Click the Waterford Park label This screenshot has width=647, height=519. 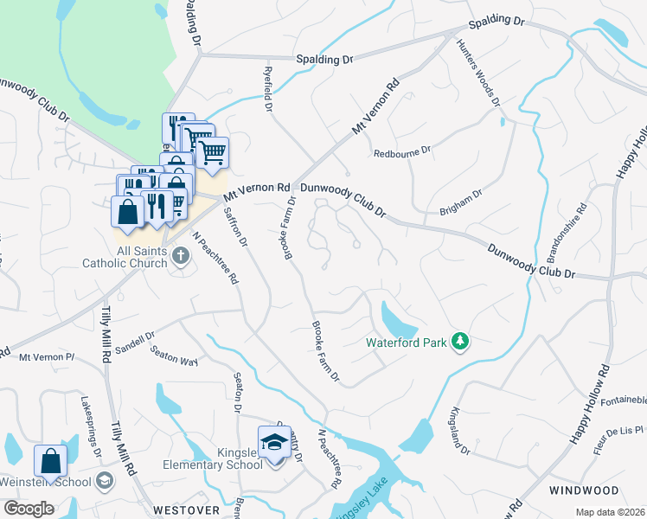(406, 343)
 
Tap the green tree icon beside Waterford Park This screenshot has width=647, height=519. (461, 343)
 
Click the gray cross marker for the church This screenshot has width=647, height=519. (181, 255)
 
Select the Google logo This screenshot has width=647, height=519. (29, 509)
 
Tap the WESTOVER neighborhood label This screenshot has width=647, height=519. (187, 509)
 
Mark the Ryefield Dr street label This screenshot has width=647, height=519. (268, 92)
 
